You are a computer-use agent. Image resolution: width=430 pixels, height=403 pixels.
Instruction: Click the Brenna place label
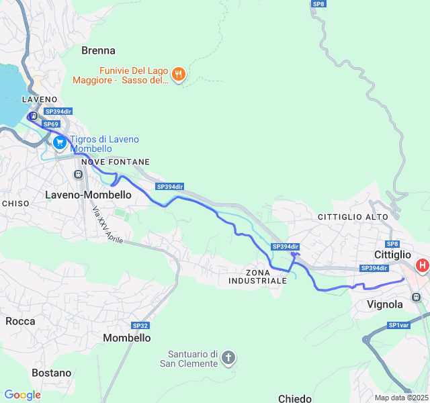click(x=98, y=50)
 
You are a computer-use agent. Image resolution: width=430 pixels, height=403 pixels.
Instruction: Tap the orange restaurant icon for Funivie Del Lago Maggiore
click(x=178, y=75)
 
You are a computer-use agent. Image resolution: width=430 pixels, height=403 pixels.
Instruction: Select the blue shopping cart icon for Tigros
click(x=60, y=142)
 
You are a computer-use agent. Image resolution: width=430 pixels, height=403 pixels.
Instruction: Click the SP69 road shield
click(x=51, y=124)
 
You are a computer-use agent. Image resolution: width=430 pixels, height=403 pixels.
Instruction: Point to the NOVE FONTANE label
click(x=116, y=163)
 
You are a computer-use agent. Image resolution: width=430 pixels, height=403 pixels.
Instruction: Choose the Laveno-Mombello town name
click(x=88, y=194)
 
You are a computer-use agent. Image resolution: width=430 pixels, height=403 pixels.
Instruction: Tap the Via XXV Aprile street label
click(x=108, y=225)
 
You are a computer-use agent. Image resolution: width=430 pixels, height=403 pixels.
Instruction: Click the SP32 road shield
click(x=140, y=326)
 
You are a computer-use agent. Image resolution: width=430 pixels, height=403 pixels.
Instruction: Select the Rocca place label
click(x=20, y=321)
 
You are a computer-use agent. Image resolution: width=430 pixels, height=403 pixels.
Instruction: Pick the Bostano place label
click(x=51, y=373)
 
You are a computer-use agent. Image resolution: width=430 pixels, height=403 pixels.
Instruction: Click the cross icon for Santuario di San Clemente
click(x=228, y=357)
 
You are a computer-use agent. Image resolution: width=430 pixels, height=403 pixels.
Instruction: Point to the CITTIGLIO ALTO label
click(x=353, y=217)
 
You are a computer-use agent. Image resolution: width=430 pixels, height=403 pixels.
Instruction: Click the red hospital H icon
click(x=422, y=266)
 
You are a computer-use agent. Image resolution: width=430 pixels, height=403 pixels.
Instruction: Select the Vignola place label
click(x=385, y=304)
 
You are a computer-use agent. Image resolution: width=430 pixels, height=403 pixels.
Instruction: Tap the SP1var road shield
click(x=398, y=326)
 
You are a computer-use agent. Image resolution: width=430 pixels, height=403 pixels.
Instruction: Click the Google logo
click(x=22, y=395)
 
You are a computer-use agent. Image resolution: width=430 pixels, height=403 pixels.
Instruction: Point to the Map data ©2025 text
click(x=400, y=398)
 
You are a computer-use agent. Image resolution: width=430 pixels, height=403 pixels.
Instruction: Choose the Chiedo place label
click(x=294, y=398)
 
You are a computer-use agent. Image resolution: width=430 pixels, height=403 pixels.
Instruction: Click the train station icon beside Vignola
click(x=416, y=296)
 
